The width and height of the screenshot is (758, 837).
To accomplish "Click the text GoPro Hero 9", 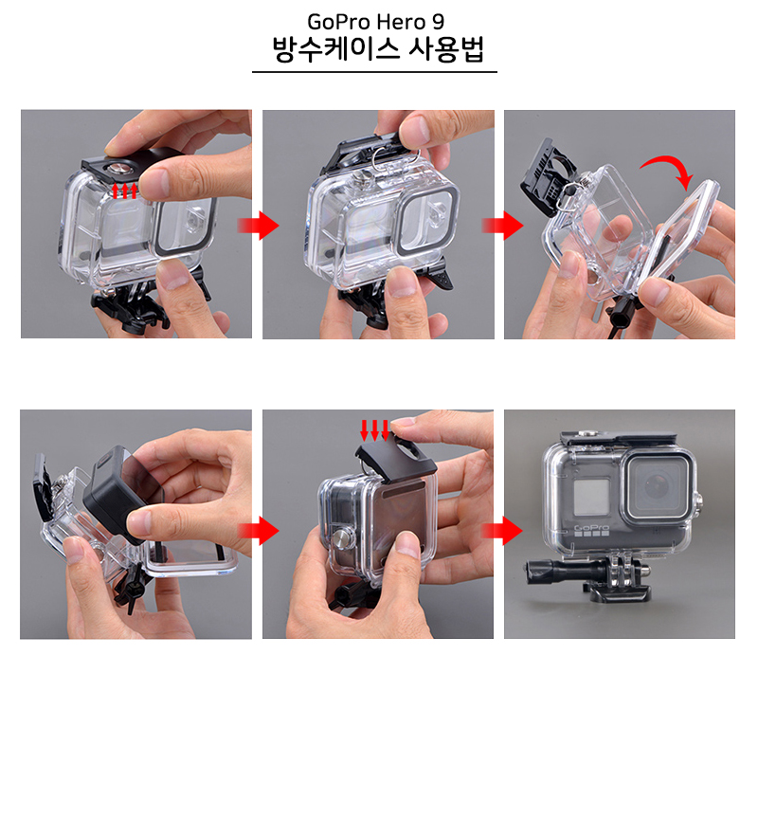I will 374,21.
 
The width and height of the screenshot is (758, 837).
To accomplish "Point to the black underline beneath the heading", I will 374,72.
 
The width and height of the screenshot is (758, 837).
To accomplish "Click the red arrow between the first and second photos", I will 257,226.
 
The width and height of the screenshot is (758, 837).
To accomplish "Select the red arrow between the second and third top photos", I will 500,226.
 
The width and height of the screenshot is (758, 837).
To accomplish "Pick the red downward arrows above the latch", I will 375,429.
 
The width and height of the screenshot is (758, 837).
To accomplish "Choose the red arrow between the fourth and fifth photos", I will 257,531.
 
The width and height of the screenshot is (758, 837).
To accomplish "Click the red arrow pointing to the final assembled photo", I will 500,531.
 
